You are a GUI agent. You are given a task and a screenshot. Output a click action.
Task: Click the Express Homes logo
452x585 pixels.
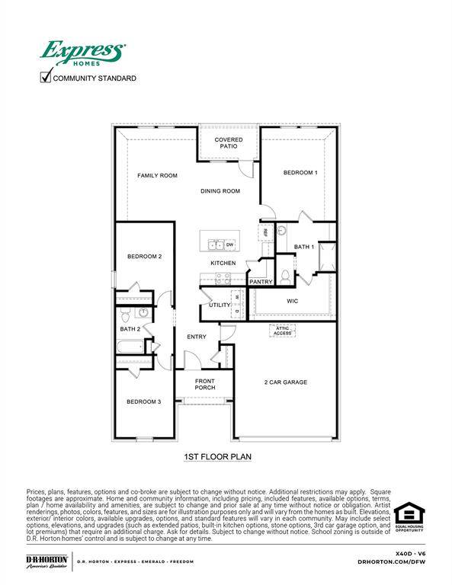[x=82, y=53]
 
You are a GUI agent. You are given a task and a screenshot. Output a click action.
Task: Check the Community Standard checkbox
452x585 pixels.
[x=46, y=78]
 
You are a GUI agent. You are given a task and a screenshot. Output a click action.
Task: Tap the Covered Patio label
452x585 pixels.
[x=229, y=143]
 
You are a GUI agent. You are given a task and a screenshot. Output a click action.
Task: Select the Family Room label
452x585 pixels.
[x=157, y=176]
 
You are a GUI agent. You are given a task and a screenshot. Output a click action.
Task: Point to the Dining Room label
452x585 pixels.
[x=220, y=191]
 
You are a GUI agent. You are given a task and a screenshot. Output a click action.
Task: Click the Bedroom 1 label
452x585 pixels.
[x=300, y=173]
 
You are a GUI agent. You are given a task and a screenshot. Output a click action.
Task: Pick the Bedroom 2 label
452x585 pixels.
[x=144, y=257]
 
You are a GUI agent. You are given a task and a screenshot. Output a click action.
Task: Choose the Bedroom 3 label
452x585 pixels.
[x=143, y=401]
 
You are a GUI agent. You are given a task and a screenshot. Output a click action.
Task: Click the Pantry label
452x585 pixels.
[x=261, y=282]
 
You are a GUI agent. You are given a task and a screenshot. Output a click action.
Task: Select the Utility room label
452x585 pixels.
[x=220, y=305]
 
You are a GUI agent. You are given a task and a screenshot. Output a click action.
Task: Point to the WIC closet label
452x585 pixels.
[x=292, y=302]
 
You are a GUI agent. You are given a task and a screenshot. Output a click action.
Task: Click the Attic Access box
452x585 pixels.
[x=282, y=331]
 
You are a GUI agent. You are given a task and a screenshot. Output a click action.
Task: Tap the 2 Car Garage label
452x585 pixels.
[x=286, y=382]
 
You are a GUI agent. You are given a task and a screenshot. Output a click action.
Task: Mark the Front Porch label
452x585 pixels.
[x=205, y=384]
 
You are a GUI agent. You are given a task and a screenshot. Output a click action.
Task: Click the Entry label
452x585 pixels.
[x=197, y=337]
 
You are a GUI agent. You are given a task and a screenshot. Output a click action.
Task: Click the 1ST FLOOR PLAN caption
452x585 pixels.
[x=218, y=457]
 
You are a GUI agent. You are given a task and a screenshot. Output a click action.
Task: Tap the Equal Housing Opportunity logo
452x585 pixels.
[x=409, y=516]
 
